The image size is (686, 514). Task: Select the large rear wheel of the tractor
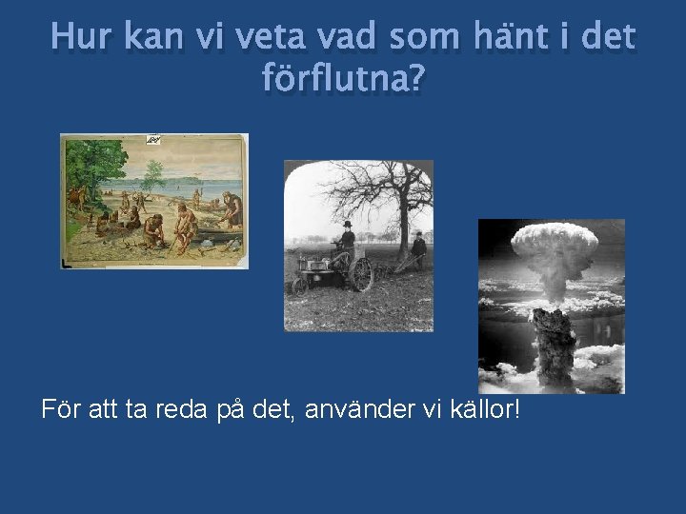pyautogui.click(x=361, y=275)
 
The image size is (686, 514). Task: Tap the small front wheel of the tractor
pyautogui.click(x=300, y=285)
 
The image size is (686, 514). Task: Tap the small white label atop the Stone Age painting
pyautogui.click(x=152, y=140)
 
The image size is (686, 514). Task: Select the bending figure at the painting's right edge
pyautogui.click(x=232, y=209)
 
